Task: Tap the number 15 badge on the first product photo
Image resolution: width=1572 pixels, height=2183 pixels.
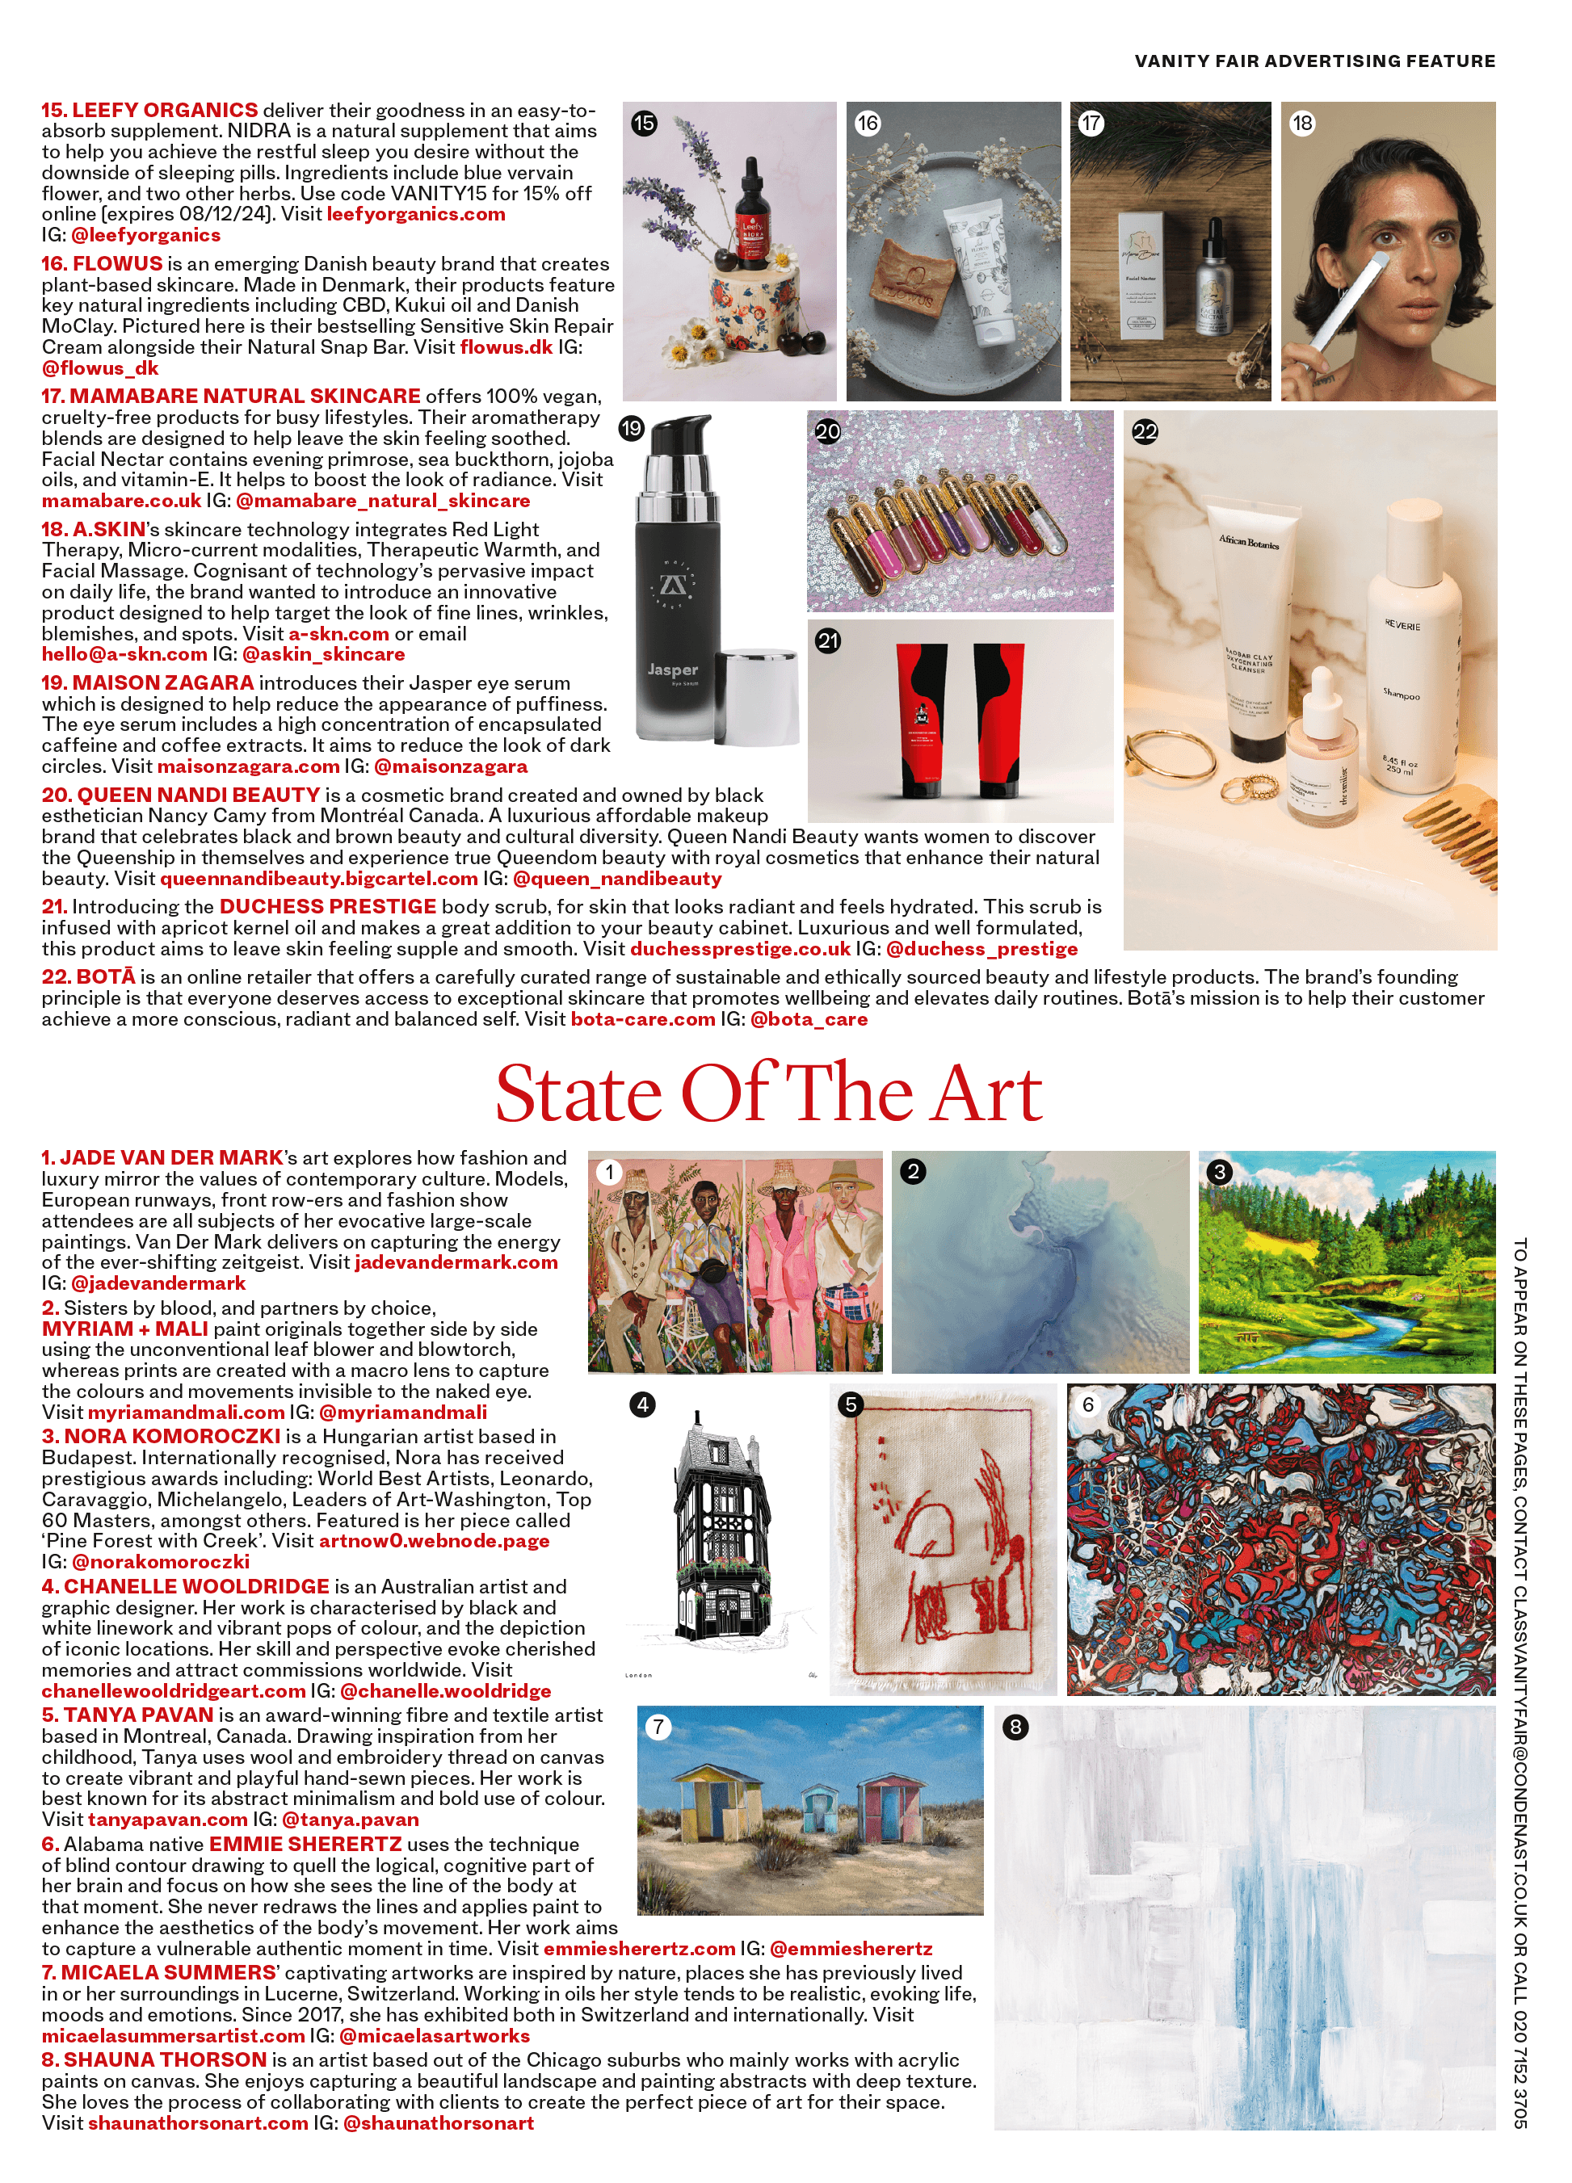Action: point(644,124)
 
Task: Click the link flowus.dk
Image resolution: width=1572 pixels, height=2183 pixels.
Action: point(506,346)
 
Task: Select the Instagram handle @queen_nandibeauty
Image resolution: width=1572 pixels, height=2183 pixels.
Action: point(617,879)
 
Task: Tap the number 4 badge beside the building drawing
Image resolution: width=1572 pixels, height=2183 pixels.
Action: point(642,1404)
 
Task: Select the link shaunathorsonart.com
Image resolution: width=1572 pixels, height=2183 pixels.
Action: point(198,2123)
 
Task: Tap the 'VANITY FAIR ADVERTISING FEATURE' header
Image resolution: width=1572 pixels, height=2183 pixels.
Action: point(1314,61)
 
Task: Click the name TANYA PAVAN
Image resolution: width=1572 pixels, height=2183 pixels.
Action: point(139,1715)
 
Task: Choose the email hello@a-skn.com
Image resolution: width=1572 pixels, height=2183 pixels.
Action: point(124,654)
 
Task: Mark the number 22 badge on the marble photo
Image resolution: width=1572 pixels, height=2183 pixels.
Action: point(1145,432)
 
